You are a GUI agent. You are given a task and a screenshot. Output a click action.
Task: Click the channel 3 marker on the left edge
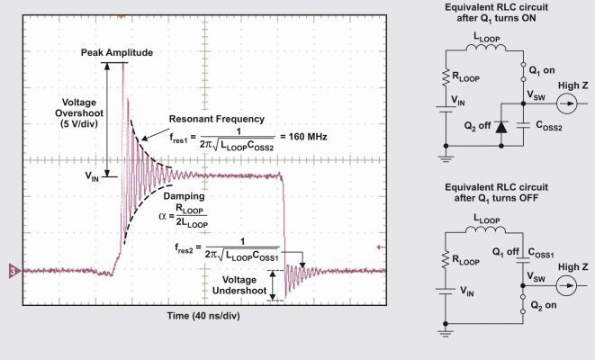(13, 270)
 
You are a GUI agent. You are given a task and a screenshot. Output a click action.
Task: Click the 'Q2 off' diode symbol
(500, 129)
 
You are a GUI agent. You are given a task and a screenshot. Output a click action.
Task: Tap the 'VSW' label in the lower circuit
(536, 279)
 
